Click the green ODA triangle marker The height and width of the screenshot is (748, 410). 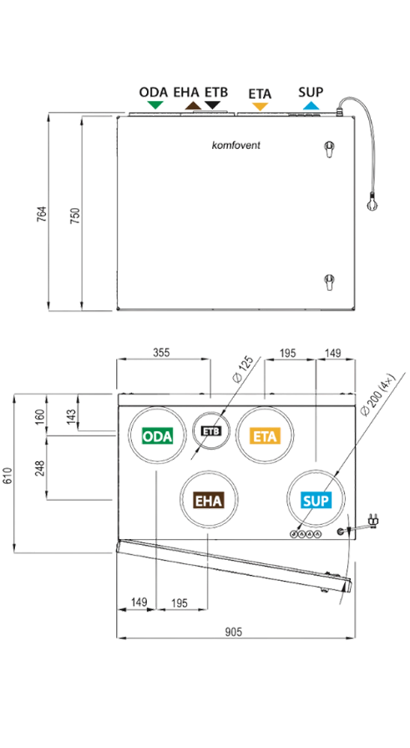click(x=154, y=105)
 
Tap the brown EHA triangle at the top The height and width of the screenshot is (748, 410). click(x=193, y=105)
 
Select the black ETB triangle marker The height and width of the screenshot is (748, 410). click(x=212, y=105)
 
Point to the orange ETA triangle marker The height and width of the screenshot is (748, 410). click(x=260, y=106)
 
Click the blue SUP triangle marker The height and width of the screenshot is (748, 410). click(x=311, y=105)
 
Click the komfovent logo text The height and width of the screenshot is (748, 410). click(x=236, y=145)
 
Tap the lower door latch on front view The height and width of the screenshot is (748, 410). click(x=329, y=282)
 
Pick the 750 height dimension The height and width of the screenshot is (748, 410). click(x=75, y=215)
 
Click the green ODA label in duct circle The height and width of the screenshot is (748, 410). click(x=157, y=436)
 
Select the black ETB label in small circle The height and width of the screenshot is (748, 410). click(x=210, y=430)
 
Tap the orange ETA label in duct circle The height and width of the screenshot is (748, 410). click(x=265, y=436)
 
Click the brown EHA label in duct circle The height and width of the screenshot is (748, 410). click(x=209, y=501)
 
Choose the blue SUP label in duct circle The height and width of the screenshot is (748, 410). click(x=316, y=501)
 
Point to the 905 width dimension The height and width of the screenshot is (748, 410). click(x=234, y=632)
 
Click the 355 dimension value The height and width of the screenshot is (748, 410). click(x=161, y=353)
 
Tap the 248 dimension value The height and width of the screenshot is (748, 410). click(x=40, y=468)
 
